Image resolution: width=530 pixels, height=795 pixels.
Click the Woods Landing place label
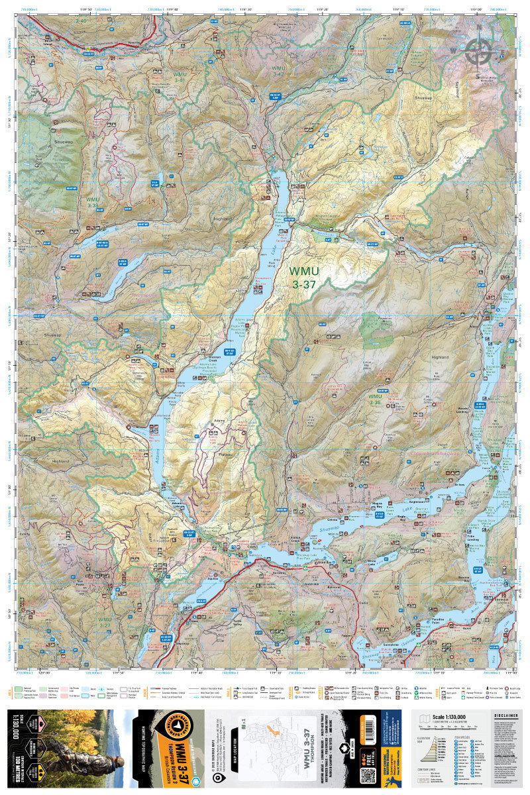pos(462,409)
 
